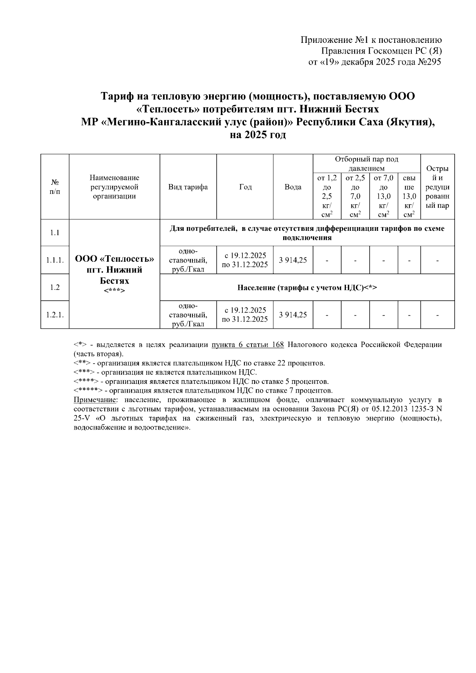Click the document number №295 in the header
[x=429, y=62]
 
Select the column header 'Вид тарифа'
[x=188, y=187]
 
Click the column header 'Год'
[x=245, y=187]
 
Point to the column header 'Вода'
[x=293, y=187]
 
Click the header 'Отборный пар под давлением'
[x=366, y=163]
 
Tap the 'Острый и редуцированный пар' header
[x=437, y=187]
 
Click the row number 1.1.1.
[x=55, y=261]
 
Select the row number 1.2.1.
[x=55, y=315]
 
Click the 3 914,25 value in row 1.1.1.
[x=293, y=261]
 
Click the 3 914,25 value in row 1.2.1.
[x=293, y=315]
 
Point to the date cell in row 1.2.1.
[x=245, y=315]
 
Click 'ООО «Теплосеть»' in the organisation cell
[x=114, y=259]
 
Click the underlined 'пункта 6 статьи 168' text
[x=248, y=345]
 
